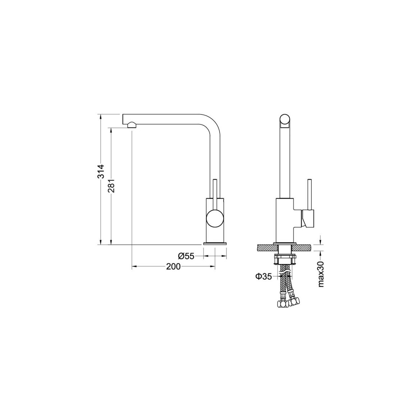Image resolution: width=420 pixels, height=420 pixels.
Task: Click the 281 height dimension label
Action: pos(111,186)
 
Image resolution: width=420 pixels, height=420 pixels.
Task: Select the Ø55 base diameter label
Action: pos(186,256)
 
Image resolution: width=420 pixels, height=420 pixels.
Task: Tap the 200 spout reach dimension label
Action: pos(173,266)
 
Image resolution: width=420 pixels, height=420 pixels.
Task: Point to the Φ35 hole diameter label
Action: pos(263,276)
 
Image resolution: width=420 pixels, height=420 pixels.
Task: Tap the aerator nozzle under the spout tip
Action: pos(131,125)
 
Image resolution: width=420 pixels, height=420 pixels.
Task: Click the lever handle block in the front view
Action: pos(308,219)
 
